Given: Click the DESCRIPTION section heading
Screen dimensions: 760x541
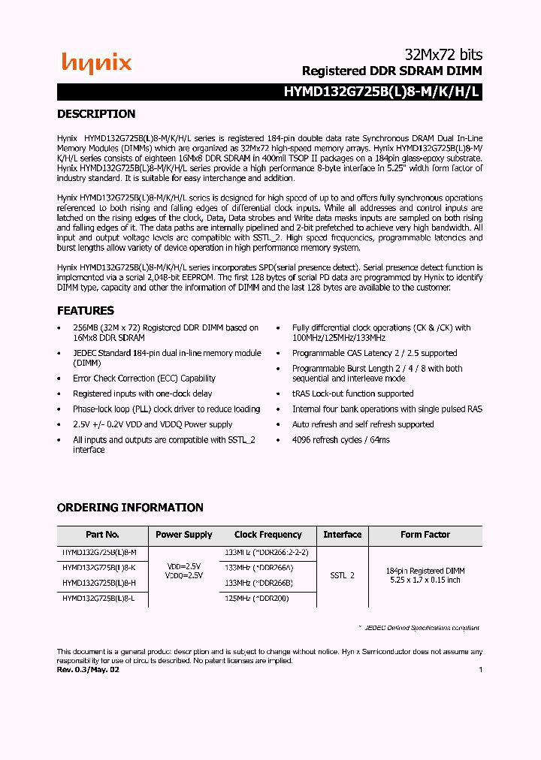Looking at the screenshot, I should pyautogui.click(x=96, y=114).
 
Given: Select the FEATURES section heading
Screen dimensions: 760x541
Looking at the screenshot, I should pyautogui.click(x=86, y=310).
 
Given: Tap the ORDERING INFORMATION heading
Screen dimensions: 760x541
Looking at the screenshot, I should pyautogui.click(x=130, y=508).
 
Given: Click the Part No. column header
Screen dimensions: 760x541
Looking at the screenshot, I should pyautogui.click(x=102, y=535).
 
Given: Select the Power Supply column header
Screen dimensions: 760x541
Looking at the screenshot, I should pyautogui.click(x=183, y=535).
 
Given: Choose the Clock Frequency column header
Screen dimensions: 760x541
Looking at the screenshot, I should pyautogui.click(x=267, y=535).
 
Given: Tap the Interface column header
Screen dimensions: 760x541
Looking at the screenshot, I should pyautogui.click(x=342, y=535).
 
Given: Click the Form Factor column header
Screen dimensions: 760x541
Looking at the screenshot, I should pyautogui.click(x=425, y=535).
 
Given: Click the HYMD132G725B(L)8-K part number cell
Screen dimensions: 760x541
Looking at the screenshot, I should pyautogui.click(x=99, y=568).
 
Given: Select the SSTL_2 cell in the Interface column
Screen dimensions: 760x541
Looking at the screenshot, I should pyautogui.click(x=342, y=575).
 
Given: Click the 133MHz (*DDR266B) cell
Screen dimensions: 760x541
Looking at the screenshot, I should pyautogui.click(x=258, y=583).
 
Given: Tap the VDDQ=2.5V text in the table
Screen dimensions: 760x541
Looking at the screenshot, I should pyautogui.click(x=183, y=575).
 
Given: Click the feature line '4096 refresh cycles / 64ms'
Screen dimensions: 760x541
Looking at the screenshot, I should pyautogui.click(x=341, y=439).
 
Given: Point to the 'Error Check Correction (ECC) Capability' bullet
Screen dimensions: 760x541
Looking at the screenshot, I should pyautogui.click(x=144, y=378).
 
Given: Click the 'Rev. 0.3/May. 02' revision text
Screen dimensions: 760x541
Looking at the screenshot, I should pyautogui.click(x=88, y=669).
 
